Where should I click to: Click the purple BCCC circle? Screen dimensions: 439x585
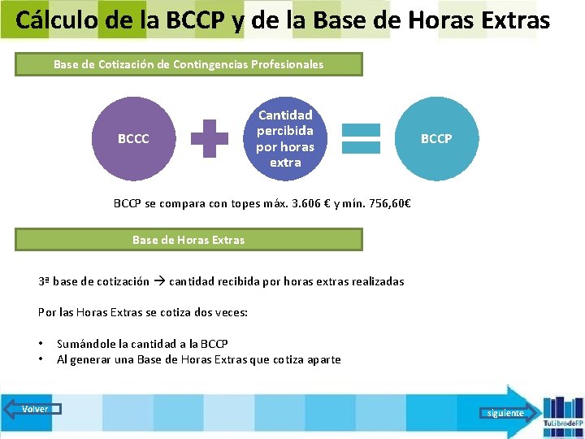pyautogui.click(x=133, y=139)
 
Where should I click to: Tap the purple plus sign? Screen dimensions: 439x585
pyautogui.click(x=209, y=139)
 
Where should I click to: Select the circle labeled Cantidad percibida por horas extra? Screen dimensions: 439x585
pyautogui.click(x=285, y=139)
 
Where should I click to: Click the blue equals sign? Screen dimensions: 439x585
pyautogui.click(x=361, y=139)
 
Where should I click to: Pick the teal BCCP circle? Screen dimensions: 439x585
pyautogui.click(x=436, y=139)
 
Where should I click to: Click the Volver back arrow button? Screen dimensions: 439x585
pyautogui.click(x=32, y=409)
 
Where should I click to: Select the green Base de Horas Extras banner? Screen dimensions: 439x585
pyautogui.click(x=188, y=240)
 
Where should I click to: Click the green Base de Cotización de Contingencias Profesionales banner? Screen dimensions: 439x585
pyautogui.click(x=188, y=64)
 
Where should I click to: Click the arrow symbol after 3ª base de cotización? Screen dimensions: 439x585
pyautogui.click(x=159, y=281)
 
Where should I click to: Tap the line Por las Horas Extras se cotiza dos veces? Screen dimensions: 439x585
pyautogui.click(x=143, y=312)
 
